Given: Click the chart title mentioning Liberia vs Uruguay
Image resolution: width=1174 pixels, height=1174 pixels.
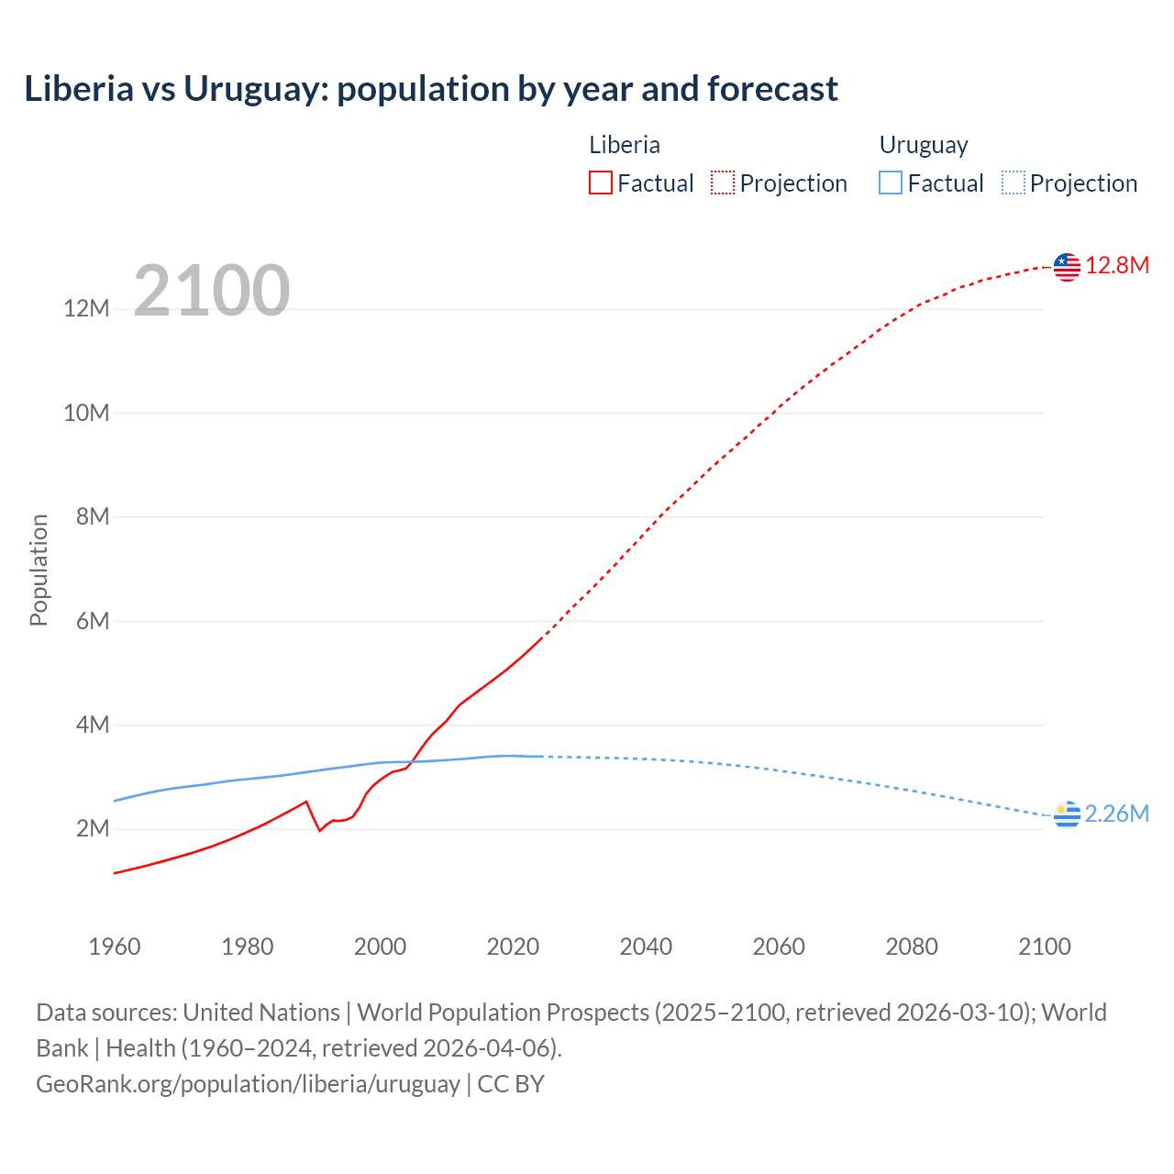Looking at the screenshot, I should pos(431,89).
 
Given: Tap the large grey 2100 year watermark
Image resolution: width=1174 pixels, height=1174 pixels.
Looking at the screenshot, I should pos(212,291).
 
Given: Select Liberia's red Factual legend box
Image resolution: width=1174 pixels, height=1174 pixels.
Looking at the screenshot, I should pos(601,183).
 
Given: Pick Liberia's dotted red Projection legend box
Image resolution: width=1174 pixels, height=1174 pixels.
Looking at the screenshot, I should pos(723,183).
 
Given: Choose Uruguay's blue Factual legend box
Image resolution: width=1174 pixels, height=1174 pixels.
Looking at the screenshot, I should pos(891,183).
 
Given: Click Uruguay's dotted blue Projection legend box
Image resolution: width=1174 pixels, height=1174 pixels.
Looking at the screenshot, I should pos(1013,183).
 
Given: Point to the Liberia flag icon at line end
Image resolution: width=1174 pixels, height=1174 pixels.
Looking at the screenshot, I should pos(1067,267).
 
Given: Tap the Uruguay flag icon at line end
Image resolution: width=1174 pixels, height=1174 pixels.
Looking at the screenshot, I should pos(1067,814).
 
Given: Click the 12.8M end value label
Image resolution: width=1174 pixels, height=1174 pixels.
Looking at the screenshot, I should pos(1117,266).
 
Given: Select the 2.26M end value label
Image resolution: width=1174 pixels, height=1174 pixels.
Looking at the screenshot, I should pos(1116,814).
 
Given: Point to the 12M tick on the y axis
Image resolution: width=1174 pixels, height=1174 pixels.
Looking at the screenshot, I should pos(86,309).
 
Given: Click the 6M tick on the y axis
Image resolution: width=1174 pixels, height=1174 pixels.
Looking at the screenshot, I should pos(93,622).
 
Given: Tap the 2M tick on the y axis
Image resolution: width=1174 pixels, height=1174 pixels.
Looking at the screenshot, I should pos(93,829).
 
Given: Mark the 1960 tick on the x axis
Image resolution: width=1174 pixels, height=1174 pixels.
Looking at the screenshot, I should pos(115,947).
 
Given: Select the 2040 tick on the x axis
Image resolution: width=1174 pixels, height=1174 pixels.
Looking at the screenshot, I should pos(646,947).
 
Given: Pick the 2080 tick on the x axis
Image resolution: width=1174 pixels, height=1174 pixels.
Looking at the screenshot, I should pos(912,947).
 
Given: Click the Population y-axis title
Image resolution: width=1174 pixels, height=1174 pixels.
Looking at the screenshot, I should pos(39,570).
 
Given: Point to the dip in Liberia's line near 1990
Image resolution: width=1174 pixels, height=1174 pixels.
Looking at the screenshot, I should pos(319,830).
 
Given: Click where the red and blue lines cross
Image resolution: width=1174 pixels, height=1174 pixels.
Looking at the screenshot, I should pos(412,761).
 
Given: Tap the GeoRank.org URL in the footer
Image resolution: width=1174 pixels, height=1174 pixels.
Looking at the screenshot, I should pos(248,1084).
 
